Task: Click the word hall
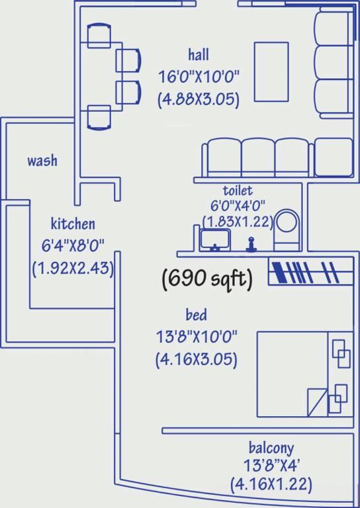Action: (199, 54)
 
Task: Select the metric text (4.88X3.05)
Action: (198, 99)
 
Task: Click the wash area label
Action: (42, 161)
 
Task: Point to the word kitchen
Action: (73, 224)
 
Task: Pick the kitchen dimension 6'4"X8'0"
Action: (73, 246)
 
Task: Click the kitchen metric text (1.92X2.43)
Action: (73, 269)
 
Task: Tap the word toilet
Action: (237, 191)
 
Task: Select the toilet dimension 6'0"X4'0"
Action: (237, 206)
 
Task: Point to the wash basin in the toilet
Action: (215, 239)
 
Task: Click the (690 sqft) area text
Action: (207, 280)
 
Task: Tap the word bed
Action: (196, 314)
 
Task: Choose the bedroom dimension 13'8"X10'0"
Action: (196, 336)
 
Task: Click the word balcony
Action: (271, 448)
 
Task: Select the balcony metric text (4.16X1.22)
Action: (271, 484)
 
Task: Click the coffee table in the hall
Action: (271, 71)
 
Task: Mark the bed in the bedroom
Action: (304, 374)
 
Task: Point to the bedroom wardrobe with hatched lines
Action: (310, 273)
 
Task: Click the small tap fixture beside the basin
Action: (251, 245)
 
